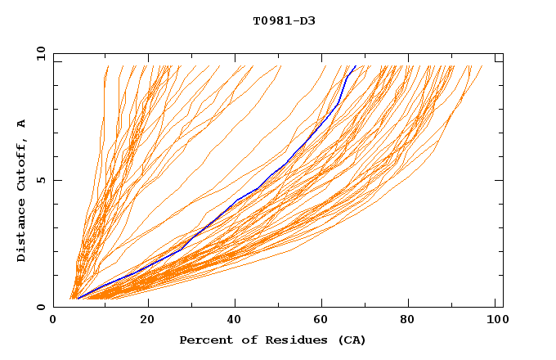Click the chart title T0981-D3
[284, 20]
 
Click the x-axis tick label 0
[53, 320]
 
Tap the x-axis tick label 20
[146, 320]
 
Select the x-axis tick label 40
[235, 320]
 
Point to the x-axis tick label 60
[323, 320]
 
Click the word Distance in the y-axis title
[22, 232]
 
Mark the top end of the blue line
[356, 66]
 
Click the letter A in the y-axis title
[22, 124]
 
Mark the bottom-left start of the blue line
[78, 299]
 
